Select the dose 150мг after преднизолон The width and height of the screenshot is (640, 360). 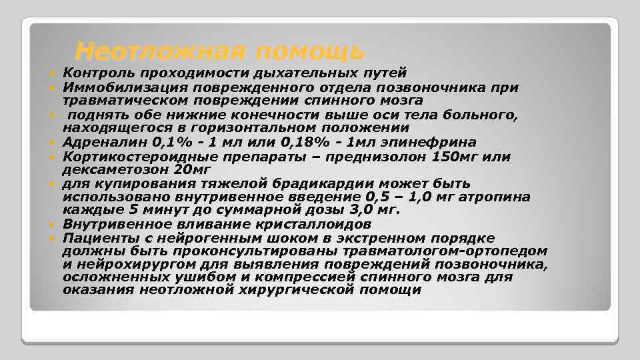tap(464, 156)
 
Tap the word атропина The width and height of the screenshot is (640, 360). tap(493, 197)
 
